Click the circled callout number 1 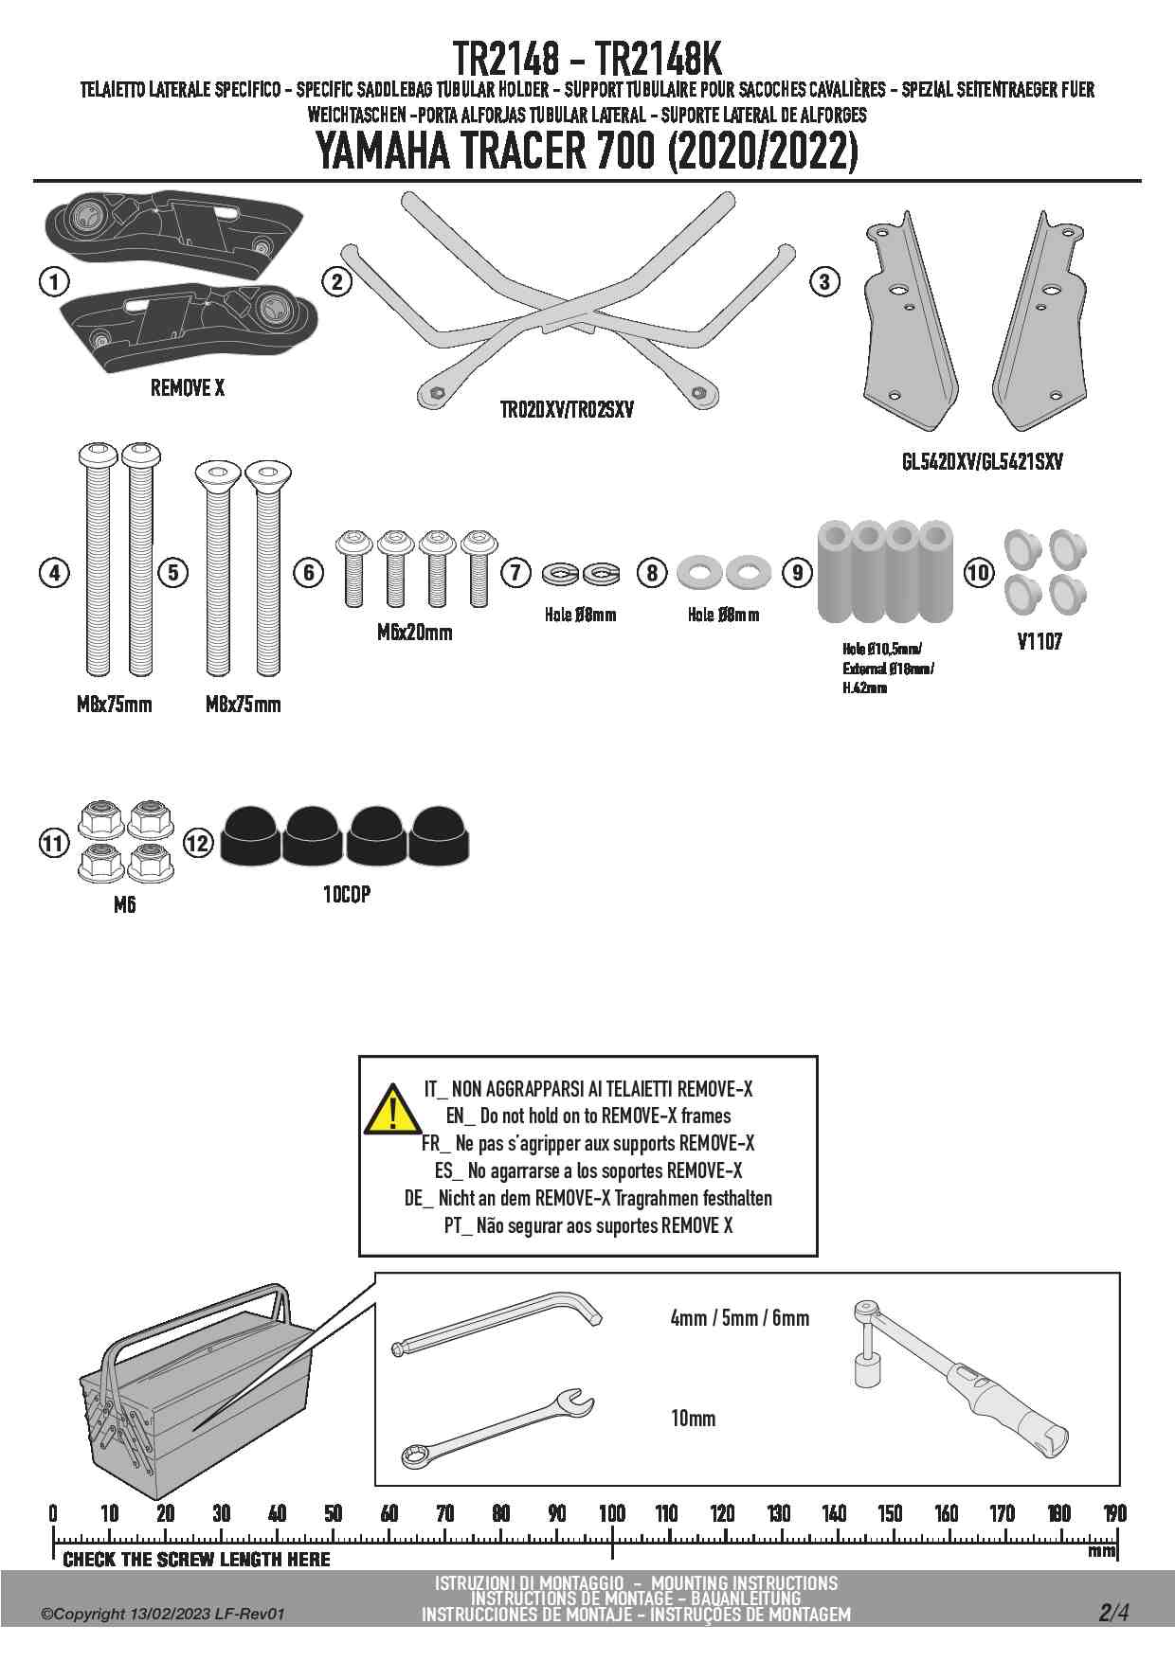(55, 281)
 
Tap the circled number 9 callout (798, 572)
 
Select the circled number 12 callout (198, 842)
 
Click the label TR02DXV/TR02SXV (567, 410)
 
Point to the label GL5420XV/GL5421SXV (982, 462)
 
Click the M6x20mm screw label (414, 633)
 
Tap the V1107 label (1039, 642)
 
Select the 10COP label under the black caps (347, 894)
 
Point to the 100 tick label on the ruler (612, 1513)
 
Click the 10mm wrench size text (693, 1419)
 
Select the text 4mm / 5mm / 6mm (739, 1318)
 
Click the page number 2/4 (1113, 1612)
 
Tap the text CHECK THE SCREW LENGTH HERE (196, 1559)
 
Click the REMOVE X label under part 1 (188, 388)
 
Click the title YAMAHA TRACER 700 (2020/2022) (586, 152)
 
